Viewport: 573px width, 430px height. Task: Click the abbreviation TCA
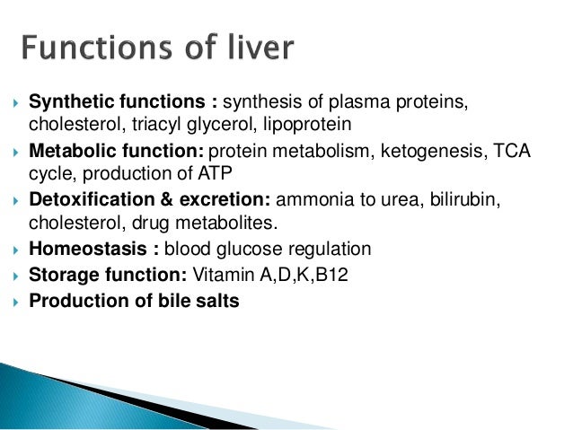510,153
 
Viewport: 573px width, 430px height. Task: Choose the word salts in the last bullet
220,301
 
